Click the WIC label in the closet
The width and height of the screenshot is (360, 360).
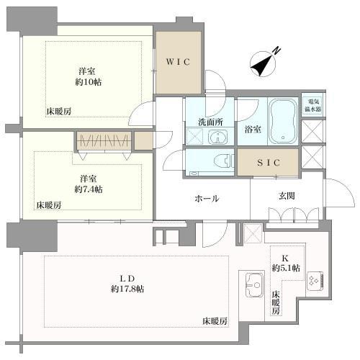[179, 62]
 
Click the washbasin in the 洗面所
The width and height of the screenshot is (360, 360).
[220, 136]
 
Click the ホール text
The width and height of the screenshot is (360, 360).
[206, 198]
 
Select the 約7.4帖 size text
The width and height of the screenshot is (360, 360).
[90, 189]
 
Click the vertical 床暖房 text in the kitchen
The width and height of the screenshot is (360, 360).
[275, 304]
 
